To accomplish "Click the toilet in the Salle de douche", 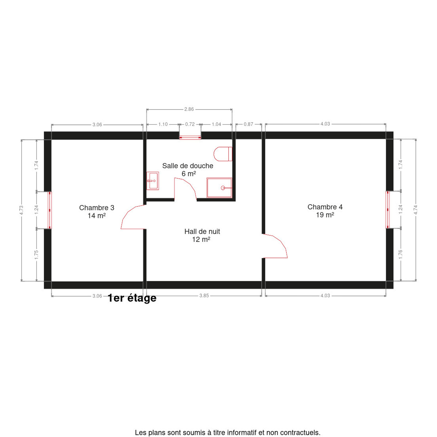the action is point(223,154).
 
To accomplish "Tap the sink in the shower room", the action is point(152,181).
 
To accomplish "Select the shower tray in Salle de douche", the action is point(219,188).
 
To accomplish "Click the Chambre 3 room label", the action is point(97,211).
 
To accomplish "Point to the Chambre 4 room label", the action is point(325,211).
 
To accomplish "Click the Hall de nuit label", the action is point(202,235).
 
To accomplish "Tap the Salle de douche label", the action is point(188,169).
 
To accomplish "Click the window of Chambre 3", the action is point(50,210).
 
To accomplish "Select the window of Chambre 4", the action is point(387,209).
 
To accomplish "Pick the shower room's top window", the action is point(190,137).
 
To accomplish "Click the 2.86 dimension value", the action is point(189,109).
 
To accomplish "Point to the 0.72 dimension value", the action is point(190,124).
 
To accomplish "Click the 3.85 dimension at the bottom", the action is point(204,296).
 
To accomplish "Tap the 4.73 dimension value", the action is point(21,210).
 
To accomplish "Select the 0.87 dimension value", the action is point(248,124).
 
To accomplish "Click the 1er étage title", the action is point(132,298).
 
